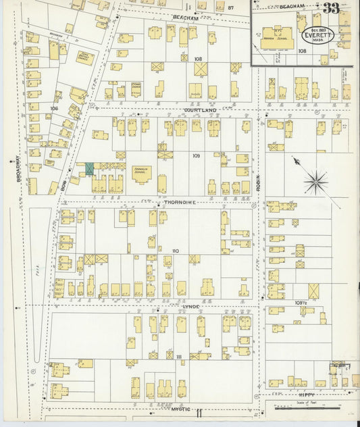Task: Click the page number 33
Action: (x=331, y=8)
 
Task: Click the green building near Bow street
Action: (x=89, y=168)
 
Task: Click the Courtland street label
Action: (x=199, y=109)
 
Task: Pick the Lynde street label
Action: (x=191, y=305)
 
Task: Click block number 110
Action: (x=176, y=251)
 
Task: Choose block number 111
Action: (x=179, y=356)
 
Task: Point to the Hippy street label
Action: (x=305, y=392)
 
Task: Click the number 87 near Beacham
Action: (x=230, y=8)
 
